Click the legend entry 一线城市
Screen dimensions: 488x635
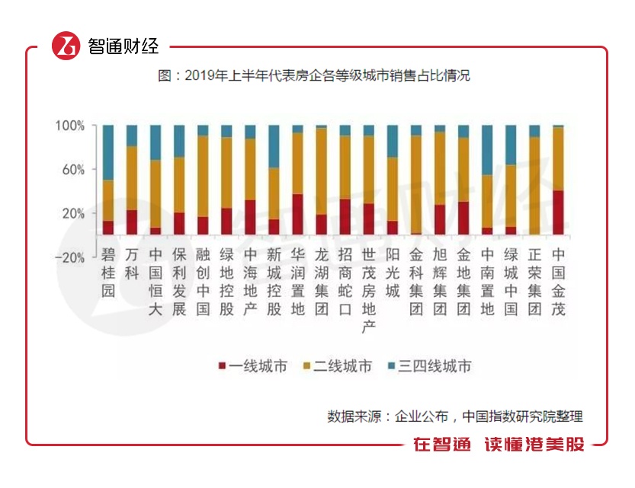pos(254,366)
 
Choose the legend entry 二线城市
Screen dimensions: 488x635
pos(339,366)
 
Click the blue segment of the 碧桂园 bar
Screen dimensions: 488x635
pos(108,152)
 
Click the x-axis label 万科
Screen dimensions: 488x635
pos(132,263)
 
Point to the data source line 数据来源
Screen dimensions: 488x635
pos(454,416)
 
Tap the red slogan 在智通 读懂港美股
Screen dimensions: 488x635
pos(499,445)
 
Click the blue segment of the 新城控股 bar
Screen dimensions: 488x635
pos(274,147)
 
